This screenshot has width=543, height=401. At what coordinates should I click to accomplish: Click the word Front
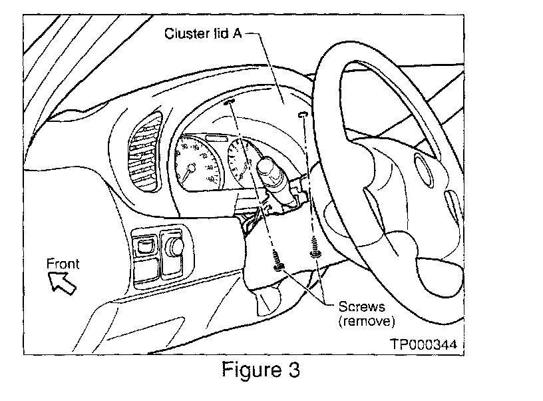pos(63,264)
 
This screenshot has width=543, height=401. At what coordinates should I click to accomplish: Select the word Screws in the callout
pos(358,307)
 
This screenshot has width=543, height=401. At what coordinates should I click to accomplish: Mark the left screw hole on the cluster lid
pos(232,101)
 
